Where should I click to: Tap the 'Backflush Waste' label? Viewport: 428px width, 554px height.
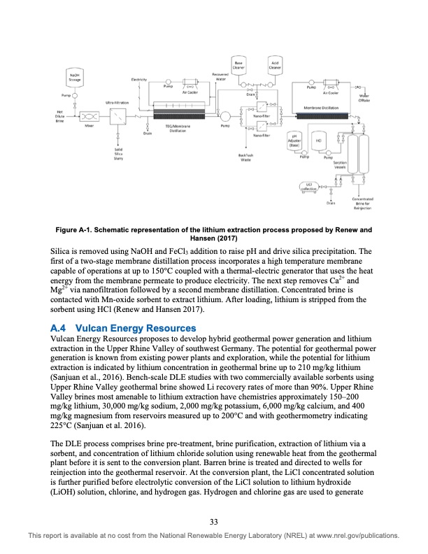point(245,157)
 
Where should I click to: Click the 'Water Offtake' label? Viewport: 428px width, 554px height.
point(364,99)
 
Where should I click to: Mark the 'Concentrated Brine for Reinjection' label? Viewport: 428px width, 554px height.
point(361,203)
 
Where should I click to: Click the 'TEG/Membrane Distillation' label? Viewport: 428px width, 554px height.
point(178,127)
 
